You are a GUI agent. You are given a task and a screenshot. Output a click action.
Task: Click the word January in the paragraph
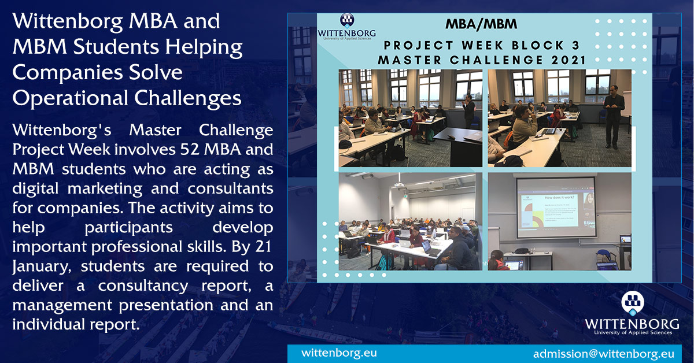pyautogui.click(x=43, y=266)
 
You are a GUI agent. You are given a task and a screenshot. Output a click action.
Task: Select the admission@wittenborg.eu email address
pyautogui.click(x=603, y=353)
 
